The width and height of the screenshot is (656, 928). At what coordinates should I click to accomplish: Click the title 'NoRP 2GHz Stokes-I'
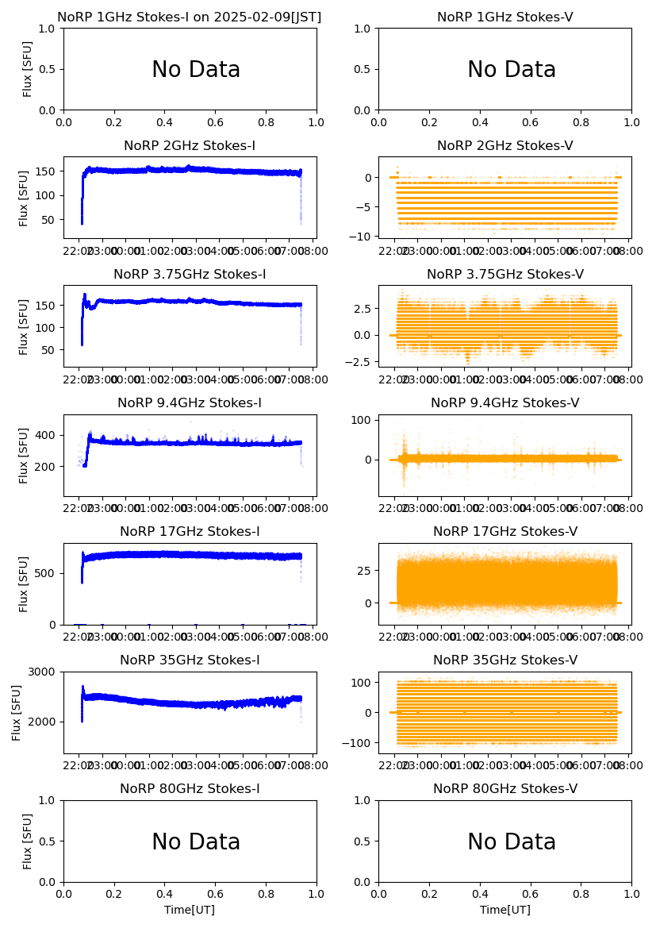[190, 146]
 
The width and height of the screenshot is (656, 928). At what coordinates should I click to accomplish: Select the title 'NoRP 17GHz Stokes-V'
[505, 532]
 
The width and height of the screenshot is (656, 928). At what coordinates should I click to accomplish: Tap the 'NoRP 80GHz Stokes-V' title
[505, 789]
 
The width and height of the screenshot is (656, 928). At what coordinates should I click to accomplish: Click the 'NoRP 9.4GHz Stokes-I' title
[190, 403]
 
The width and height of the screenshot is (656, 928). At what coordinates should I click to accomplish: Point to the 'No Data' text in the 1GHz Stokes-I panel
[196, 70]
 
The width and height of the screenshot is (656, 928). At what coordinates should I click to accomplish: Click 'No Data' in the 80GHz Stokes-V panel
[512, 842]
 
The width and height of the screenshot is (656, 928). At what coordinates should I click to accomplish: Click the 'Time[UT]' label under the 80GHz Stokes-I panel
[190, 911]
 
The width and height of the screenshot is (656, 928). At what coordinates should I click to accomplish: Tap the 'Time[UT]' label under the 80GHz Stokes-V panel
[505, 911]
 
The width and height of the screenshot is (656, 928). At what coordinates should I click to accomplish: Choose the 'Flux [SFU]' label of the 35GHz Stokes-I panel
[17, 712]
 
